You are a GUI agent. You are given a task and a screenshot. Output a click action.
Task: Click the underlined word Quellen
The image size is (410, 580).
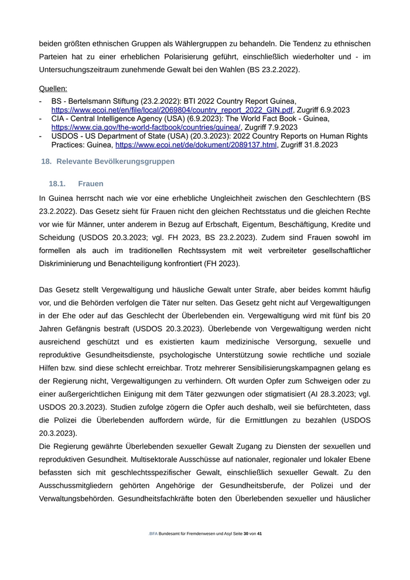[x=53, y=89]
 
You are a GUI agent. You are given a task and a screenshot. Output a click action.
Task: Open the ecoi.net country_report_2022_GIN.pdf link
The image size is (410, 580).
[x=172, y=110]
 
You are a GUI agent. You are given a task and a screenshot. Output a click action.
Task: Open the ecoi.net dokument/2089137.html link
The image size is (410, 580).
[x=196, y=144]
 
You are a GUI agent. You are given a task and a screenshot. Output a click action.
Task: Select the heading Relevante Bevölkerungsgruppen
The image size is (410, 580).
[x=115, y=161]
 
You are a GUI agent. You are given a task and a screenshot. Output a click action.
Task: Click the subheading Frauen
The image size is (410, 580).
[x=90, y=183]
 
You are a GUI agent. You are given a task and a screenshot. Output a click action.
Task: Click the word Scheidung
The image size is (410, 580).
[x=57, y=237]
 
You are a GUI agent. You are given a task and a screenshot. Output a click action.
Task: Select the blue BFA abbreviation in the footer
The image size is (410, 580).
[x=153, y=534]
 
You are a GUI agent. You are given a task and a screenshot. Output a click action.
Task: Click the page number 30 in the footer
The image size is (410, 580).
[x=246, y=534]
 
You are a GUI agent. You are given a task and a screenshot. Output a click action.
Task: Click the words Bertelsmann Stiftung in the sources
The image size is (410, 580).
[x=100, y=101]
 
